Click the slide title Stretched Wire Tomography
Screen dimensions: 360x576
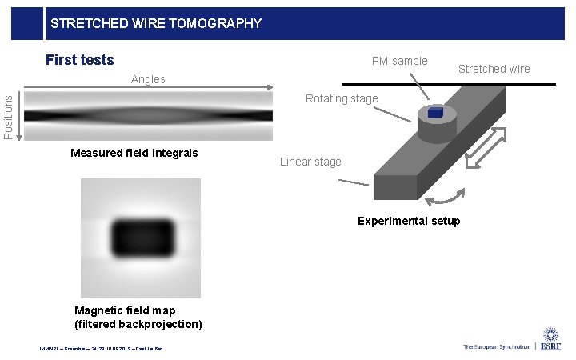tap(156, 23)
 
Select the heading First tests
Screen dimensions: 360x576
tap(80, 60)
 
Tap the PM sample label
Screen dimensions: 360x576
tap(399, 61)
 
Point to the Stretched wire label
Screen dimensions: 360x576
tap(494, 69)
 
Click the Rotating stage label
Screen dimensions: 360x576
tap(342, 98)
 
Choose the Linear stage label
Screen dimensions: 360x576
tap(310, 162)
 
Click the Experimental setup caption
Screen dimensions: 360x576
tap(409, 221)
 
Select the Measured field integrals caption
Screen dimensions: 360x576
tap(134, 153)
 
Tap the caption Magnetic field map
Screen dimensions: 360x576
tap(125, 310)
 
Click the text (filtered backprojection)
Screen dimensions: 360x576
tap(138, 323)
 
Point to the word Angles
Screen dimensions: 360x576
tap(148, 79)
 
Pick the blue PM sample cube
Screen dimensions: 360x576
tap(435, 113)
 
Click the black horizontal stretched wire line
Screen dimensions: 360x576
tap(448, 83)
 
